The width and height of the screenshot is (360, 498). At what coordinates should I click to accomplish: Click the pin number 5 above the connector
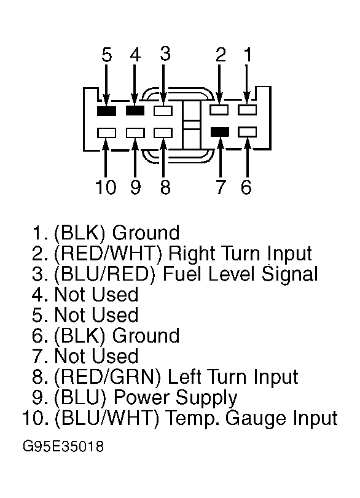[107, 55]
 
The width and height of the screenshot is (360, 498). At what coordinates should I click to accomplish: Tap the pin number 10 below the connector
[106, 187]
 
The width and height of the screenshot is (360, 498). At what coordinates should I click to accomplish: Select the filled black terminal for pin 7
[220, 132]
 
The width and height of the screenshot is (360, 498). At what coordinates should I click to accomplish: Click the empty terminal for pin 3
[163, 111]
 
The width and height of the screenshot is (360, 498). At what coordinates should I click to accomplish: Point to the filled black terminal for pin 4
[135, 111]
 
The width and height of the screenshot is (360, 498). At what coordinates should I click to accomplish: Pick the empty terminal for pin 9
[135, 133]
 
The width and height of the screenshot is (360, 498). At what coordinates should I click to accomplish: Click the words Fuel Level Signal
[240, 274]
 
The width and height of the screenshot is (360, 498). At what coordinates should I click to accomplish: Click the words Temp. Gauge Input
[252, 419]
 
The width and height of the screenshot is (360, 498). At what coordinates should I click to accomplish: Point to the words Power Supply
[176, 399]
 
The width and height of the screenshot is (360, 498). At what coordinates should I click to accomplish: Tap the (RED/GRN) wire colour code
[108, 377]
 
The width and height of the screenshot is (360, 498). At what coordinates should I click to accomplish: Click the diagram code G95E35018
[63, 446]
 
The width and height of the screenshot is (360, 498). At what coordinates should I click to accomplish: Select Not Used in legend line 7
[96, 356]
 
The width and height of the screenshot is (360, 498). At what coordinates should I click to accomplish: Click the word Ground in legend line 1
[146, 233]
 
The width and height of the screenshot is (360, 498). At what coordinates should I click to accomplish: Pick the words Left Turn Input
[233, 377]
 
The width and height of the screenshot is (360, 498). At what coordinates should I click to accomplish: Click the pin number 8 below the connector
[165, 187]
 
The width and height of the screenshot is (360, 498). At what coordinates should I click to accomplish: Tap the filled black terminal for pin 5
[106, 111]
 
